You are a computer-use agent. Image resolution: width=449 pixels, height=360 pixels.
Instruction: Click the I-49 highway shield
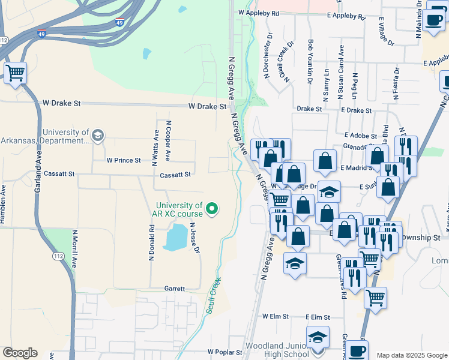pos(41,34)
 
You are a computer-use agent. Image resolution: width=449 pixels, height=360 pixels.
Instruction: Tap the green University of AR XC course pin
pos(211,209)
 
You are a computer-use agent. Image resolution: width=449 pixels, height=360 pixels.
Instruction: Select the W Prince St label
pos(123,161)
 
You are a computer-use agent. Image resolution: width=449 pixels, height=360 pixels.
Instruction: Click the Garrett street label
pos(174,289)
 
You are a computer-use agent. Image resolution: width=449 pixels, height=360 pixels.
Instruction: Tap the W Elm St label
pos(276,316)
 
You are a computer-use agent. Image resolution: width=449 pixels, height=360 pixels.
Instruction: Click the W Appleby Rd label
pos(259,12)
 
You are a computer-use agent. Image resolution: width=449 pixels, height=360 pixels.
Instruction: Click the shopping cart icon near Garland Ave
pos(15,74)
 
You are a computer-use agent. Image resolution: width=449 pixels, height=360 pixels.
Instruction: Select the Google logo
pos(20,353)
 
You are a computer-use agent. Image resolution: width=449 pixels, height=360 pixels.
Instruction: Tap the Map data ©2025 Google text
pos(412,355)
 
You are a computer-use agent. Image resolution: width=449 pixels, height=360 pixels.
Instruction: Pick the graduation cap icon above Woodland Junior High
pos(318,337)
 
